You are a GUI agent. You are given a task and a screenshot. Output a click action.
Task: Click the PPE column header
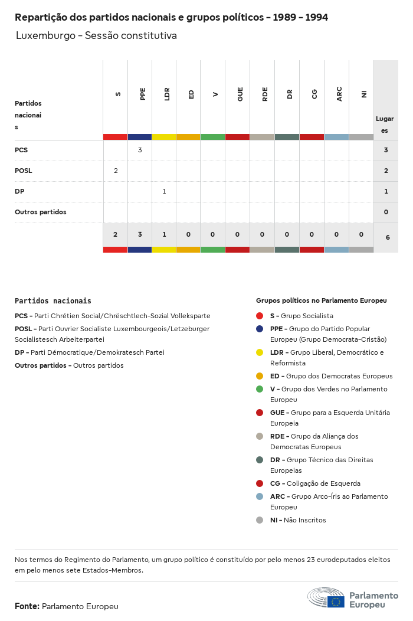(x=143, y=94)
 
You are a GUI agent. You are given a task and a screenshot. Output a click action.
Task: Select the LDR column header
(x=168, y=94)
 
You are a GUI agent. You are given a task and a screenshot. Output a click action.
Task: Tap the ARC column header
(x=339, y=94)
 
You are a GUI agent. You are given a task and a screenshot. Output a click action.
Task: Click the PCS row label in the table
(x=21, y=150)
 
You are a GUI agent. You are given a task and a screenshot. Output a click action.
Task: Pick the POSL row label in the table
(x=24, y=171)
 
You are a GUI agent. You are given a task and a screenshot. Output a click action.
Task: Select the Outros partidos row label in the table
(x=41, y=212)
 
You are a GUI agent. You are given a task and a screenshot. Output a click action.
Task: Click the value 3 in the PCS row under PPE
(x=140, y=150)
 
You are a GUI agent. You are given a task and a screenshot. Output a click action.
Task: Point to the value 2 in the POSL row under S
(x=116, y=171)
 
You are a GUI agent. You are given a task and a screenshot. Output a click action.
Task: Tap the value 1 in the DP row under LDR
(x=164, y=191)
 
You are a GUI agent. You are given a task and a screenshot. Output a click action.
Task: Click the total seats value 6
(x=387, y=237)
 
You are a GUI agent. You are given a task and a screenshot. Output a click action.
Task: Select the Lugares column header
(x=385, y=124)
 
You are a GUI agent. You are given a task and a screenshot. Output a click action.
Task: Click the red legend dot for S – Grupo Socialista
(x=260, y=316)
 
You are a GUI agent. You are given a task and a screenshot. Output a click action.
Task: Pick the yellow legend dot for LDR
(x=260, y=352)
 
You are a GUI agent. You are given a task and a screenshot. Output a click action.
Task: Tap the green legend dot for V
(x=260, y=389)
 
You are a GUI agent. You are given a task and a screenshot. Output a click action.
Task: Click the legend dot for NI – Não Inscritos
(x=260, y=520)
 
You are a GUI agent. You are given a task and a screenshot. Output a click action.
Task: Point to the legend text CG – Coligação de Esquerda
(x=315, y=483)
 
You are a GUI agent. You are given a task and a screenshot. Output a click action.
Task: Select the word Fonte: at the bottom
(x=27, y=606)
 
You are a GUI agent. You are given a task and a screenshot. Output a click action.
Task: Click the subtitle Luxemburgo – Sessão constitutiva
(x=96, y=35)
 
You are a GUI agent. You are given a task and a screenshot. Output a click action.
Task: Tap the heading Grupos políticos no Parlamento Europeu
(x=321, y=300)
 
